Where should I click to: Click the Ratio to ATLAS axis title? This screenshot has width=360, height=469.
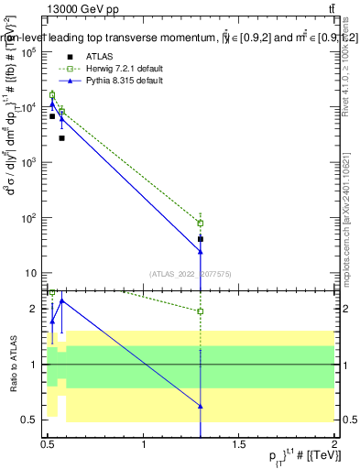13,365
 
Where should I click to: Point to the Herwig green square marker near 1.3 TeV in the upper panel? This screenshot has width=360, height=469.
201,224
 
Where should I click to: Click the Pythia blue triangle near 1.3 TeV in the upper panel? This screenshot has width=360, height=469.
201,250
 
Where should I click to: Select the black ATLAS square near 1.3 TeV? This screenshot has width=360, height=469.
201,238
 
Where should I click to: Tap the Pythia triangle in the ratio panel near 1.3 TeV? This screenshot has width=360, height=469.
201,405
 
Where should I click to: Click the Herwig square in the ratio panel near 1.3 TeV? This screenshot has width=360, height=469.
201,311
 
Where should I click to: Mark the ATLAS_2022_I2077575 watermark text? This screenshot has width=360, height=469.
190,273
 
